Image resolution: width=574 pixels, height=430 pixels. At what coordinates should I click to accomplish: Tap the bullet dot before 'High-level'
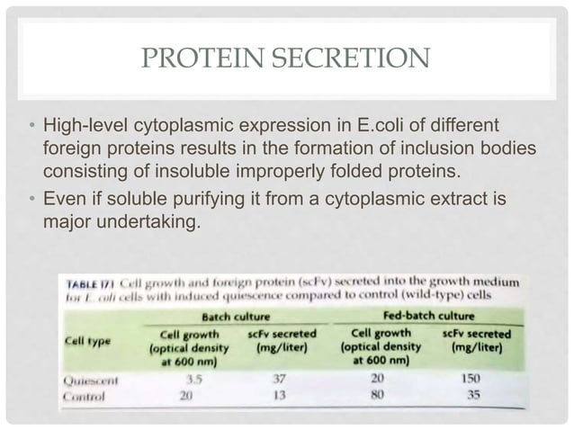(x=31, y=123)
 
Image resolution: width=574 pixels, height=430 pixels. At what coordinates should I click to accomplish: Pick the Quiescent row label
(x=93, y=381)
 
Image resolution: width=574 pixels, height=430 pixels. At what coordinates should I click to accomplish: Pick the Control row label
(x=85, y=396)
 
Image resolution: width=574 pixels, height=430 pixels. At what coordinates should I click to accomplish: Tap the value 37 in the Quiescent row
(x=279, y=379)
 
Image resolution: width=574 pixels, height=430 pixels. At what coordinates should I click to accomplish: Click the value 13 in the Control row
(x=279, y=394)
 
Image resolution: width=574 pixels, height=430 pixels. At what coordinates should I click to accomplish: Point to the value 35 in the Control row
(x=478, y=393)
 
